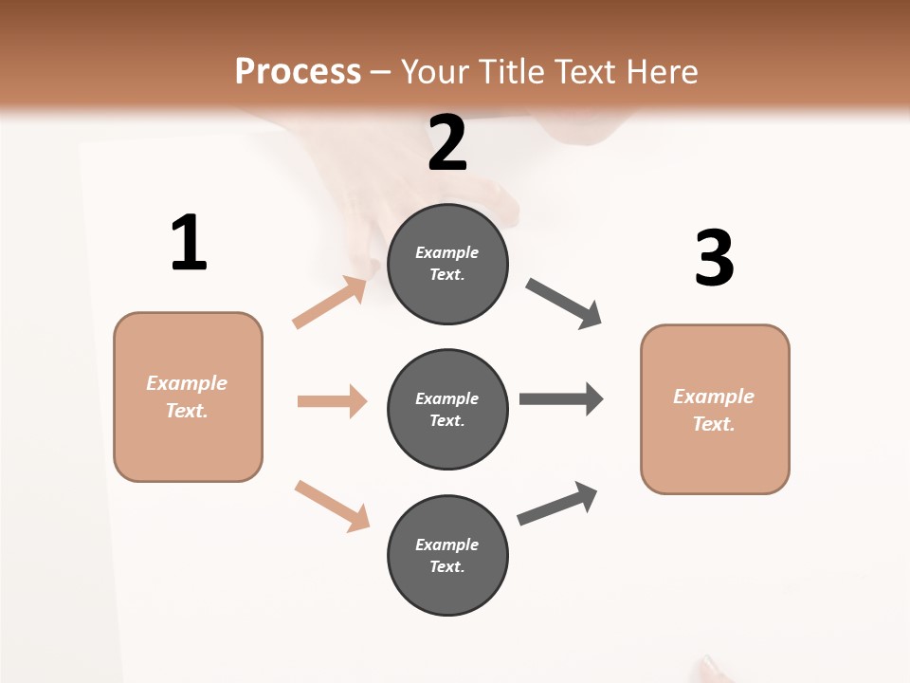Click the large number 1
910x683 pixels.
pos(189,243)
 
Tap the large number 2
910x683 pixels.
pos(447,143)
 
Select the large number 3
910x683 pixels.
pos(714,258)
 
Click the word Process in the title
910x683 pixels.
pos(298,71)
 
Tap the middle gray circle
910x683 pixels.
pos(447,409)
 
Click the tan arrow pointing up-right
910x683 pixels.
pos(330,303)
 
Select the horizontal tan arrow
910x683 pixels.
pos(332,401)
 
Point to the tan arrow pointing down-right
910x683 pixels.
pos(332,506)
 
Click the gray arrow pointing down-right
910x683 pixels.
pos(564,303)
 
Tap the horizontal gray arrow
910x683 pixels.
pos(560,398)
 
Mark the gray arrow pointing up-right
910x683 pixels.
pos(557,503)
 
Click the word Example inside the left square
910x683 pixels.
pos(187,383)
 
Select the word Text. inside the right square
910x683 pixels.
pos(714,424)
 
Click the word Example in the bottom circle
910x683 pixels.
pos(447,545)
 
